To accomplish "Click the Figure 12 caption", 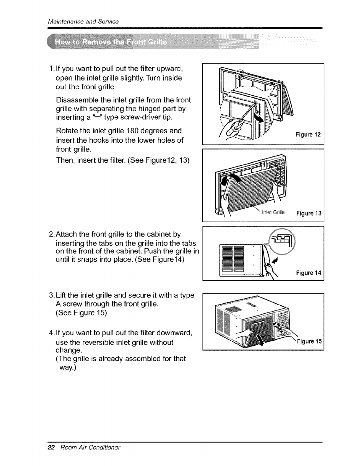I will (308, 135).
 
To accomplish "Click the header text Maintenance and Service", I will (83, 21).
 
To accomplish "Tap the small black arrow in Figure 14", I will (275, 260).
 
